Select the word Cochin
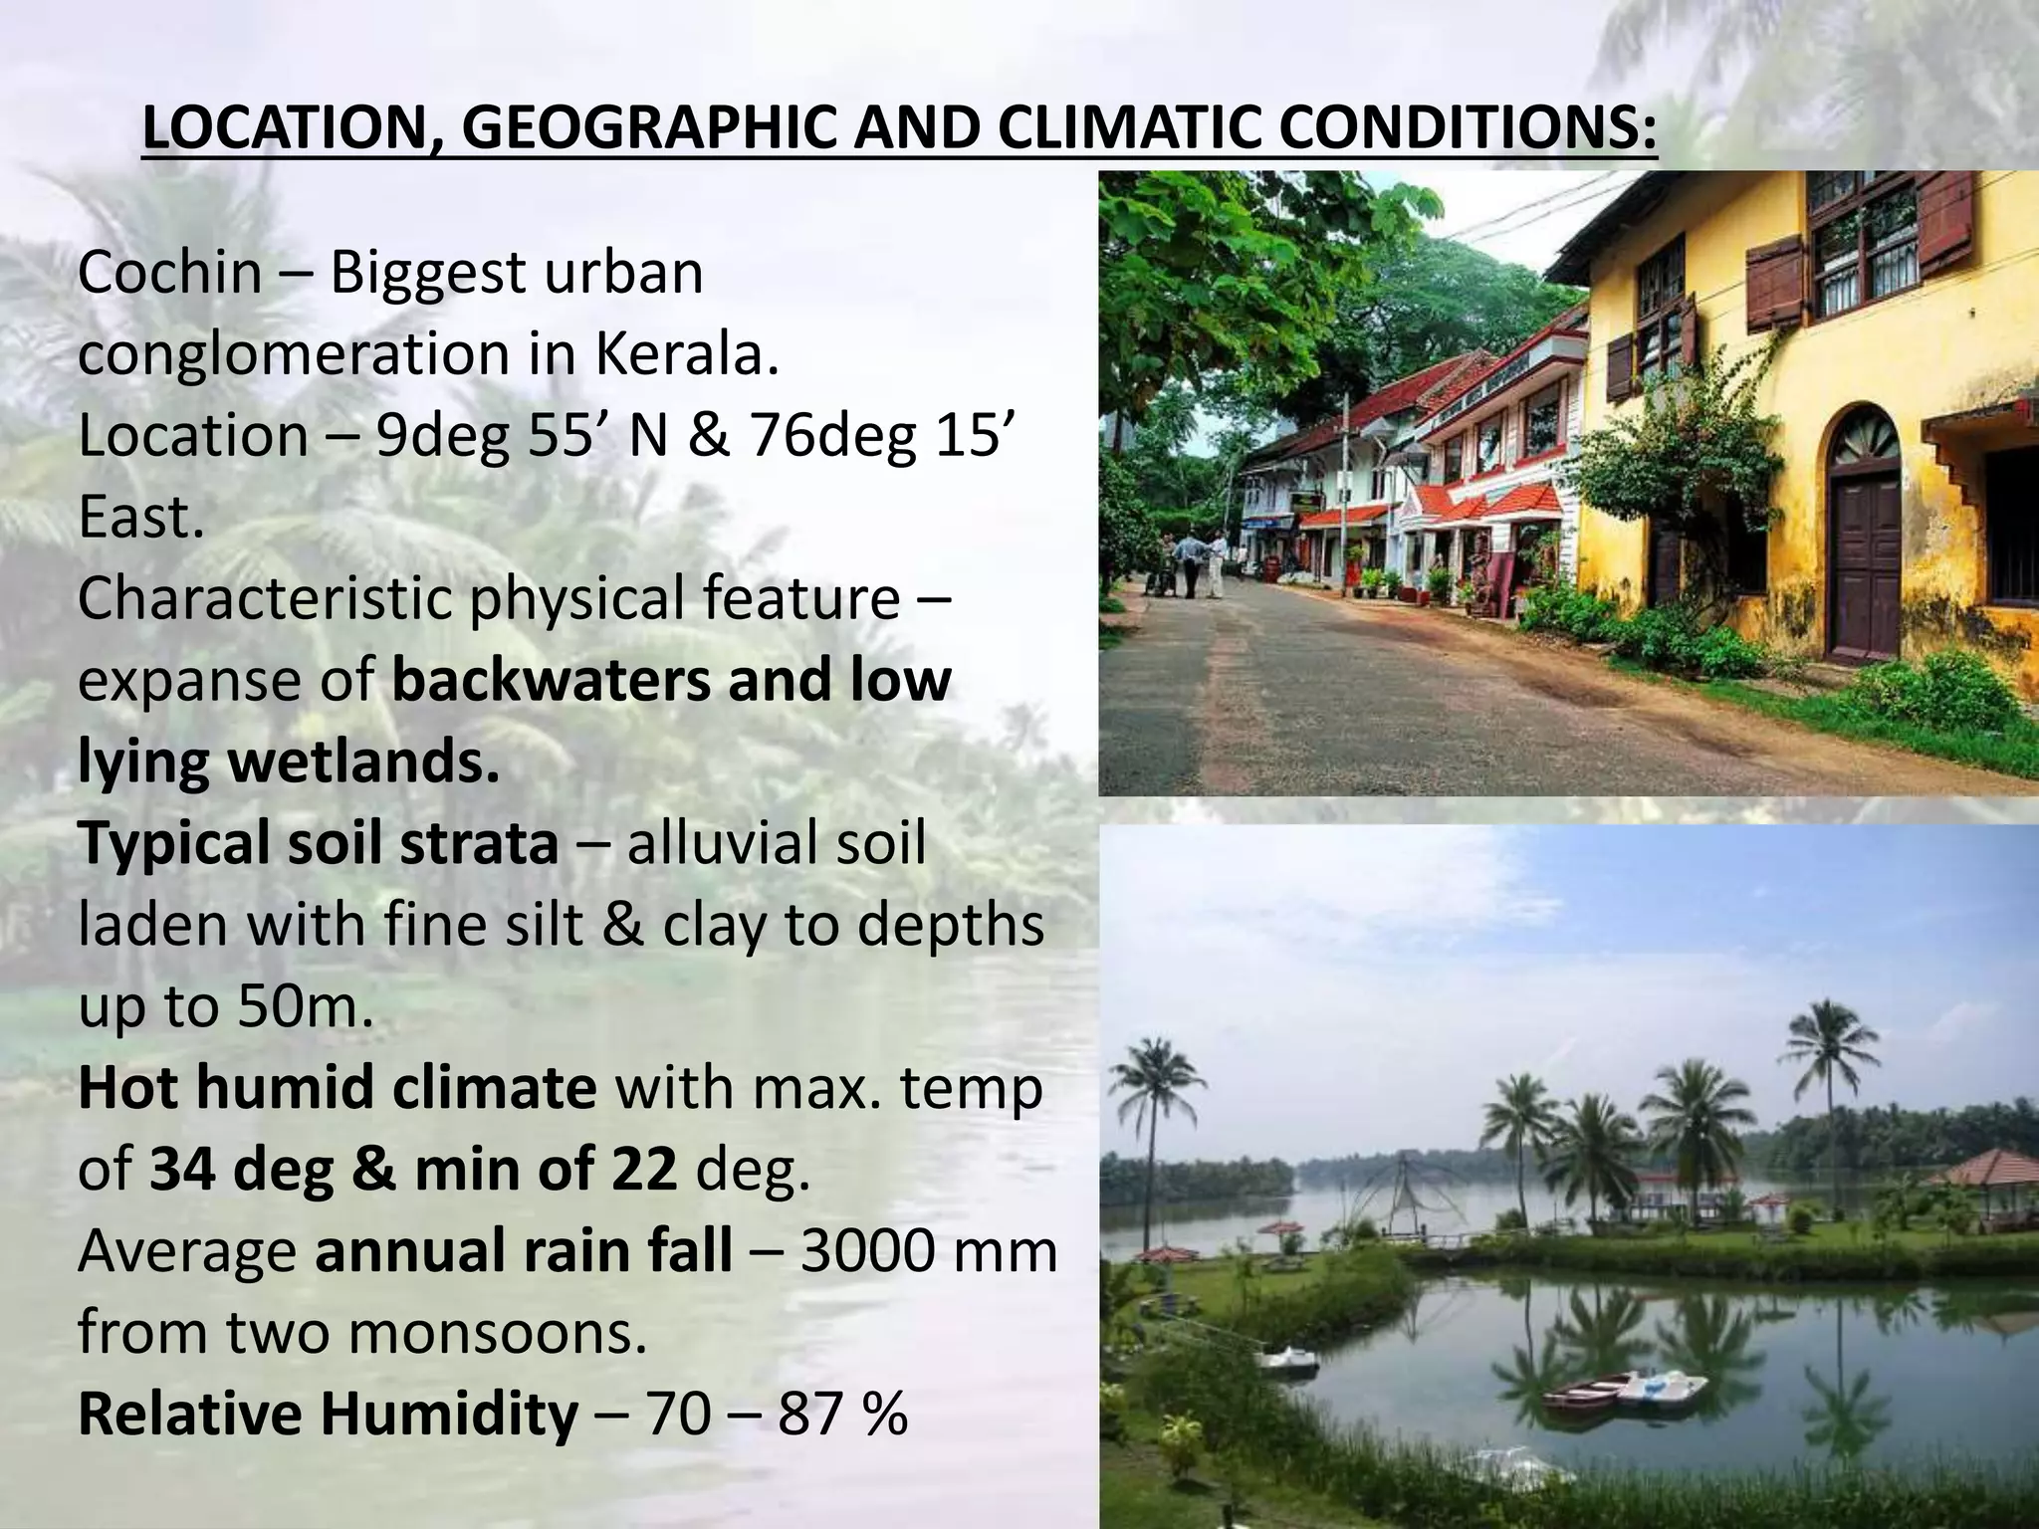coord(169,272)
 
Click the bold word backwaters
coord(551,681)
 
